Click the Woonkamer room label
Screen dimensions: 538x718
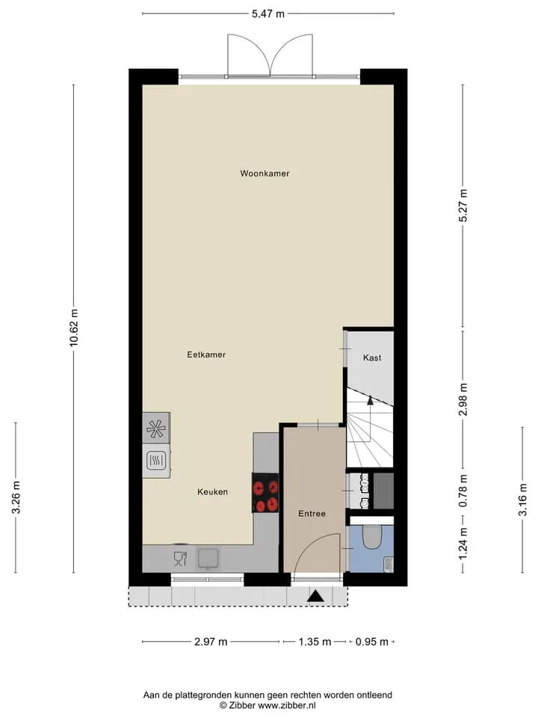[265, 174]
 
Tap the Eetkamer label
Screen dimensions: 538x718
[206, 355]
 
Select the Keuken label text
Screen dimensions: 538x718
[213, 492]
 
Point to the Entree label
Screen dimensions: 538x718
[312, 514]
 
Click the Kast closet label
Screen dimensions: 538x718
[372, 358]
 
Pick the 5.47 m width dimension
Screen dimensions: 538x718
[268, 13]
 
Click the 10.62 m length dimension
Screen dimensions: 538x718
[74, 328]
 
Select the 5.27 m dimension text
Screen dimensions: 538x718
[463, 206]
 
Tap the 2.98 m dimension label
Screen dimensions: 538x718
[463, 399]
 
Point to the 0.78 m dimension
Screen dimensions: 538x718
[463, 491]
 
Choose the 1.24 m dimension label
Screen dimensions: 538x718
[463, 544]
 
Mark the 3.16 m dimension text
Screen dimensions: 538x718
[522, 500]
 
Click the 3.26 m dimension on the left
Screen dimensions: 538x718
[16, 497]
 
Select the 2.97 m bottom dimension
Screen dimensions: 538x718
[211, 642]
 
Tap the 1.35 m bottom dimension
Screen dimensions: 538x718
[315, 642]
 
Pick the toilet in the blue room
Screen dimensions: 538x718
[371, 537]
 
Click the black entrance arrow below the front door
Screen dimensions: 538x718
[315, 596]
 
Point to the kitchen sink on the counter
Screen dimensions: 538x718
[208, 558]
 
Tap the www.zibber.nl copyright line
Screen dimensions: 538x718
[268, 705]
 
